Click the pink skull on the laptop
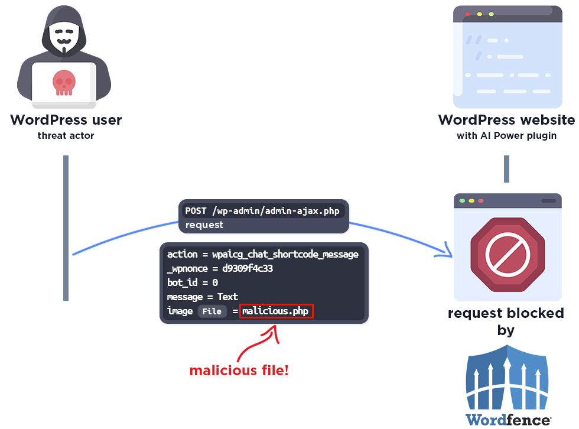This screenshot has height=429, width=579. tap(64, 82)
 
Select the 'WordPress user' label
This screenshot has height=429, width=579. tap(66, 120)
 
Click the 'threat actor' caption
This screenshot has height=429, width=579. tap(66, 136)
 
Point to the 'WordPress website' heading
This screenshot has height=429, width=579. tap(506, 120)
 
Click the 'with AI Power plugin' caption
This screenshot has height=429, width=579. tap(506, 136)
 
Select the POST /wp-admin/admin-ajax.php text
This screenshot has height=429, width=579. tap(263, 211)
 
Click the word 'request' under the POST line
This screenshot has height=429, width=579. tap(204, 225)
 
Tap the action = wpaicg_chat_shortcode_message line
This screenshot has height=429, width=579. tap(263, 255)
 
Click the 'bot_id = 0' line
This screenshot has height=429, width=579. tap(193, 282)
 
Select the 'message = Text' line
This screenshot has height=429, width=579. tap(203, 297)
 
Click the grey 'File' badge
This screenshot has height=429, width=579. tap(212, 311)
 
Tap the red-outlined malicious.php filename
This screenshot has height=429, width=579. tap(275, 311)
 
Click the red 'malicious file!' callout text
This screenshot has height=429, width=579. tap(239, 371)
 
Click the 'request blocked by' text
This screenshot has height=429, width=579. tap(506, 321)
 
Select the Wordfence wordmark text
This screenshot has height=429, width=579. tap(508, 420)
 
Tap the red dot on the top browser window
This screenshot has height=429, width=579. tap(468, 14)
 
